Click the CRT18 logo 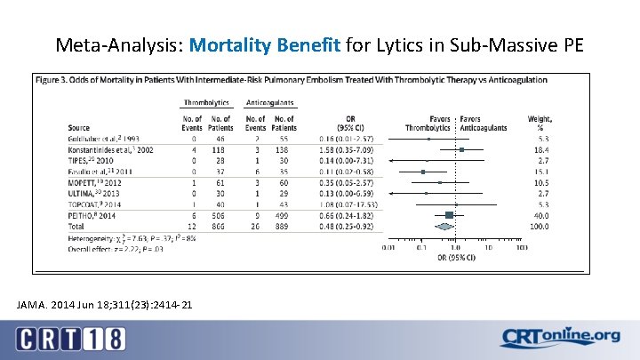coord(70,338)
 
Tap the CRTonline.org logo coord(561,338)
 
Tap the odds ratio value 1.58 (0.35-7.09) coord(341,150)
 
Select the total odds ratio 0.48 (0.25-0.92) coord(341,225)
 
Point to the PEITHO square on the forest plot coord(450,215)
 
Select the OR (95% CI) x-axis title coord(453,258)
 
